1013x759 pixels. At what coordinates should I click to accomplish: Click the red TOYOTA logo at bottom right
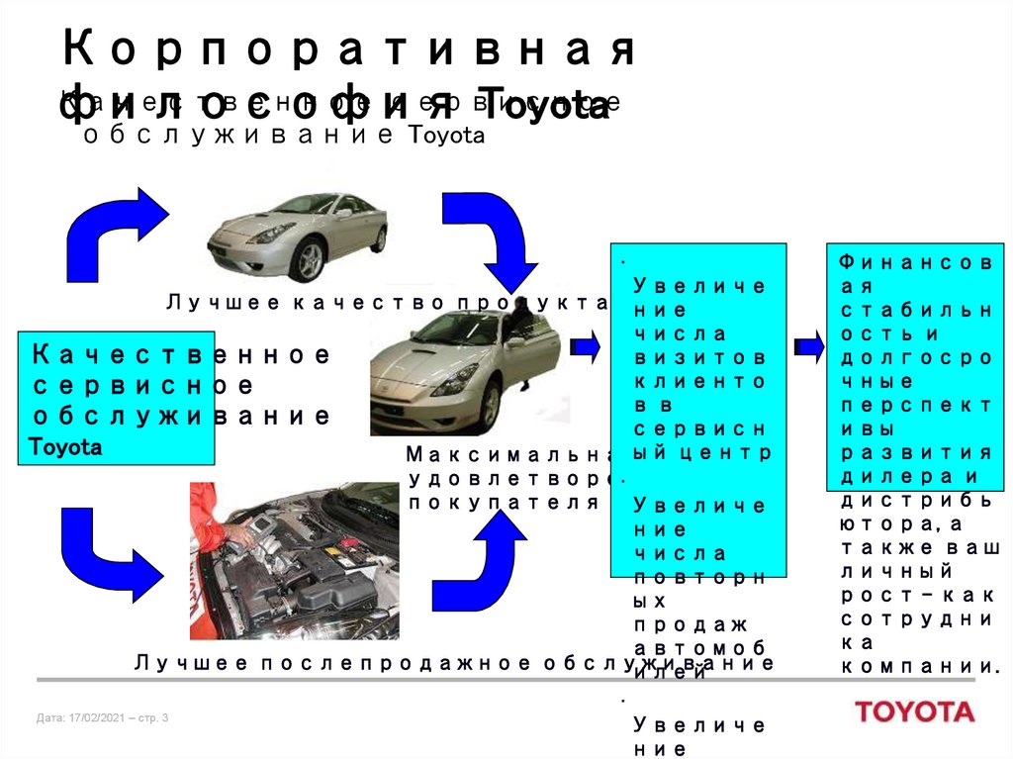(x=914, y=712)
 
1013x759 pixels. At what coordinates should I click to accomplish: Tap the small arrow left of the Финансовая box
(x=808, y=346)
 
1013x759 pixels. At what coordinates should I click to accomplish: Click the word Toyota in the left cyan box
(x=66, y=447)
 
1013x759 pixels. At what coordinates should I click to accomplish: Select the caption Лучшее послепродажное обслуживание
(x=454, y=662)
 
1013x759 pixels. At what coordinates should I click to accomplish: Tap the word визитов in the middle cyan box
(x=698, y=356)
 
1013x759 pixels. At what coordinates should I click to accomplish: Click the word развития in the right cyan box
(x=916, y=452)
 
